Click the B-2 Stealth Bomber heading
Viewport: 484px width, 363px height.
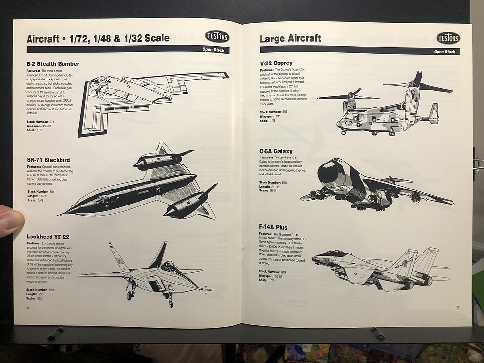(53, 64)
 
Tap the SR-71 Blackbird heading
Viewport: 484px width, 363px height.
(48, 160)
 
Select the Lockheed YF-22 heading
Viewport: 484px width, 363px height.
(48, 237)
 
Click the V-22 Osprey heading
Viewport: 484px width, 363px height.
(276, 63)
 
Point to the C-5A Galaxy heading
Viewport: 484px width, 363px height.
(276, 151)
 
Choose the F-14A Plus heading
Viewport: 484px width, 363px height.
(273, 227)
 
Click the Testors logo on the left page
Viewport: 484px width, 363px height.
(217, 36)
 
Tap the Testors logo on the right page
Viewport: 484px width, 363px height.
(448, 38)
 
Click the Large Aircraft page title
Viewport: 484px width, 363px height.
(290, 38)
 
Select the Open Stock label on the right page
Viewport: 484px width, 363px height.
(444, 52)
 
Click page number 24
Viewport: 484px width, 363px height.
(28, 307)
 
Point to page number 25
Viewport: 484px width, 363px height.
(457, 307)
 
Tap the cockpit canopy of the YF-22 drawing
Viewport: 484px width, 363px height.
(170, 266)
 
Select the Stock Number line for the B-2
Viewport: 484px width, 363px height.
(40, 121)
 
